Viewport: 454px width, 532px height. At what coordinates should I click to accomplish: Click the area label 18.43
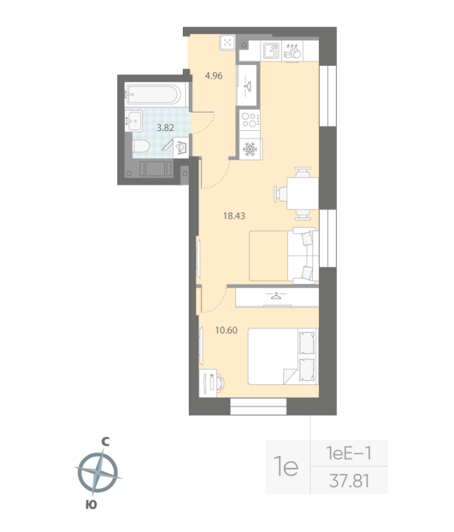coord(233,215)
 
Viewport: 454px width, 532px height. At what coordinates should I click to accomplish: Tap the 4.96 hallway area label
coord(213,76)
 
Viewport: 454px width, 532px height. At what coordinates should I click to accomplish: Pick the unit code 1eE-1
coord(350,454)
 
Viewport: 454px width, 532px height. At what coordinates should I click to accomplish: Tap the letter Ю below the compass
coord(92,505)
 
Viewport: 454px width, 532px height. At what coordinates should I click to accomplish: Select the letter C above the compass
coord(104,441)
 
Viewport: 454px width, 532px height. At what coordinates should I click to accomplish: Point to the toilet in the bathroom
coord(142,146)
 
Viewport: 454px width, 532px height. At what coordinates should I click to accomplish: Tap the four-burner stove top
coord(249,120)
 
